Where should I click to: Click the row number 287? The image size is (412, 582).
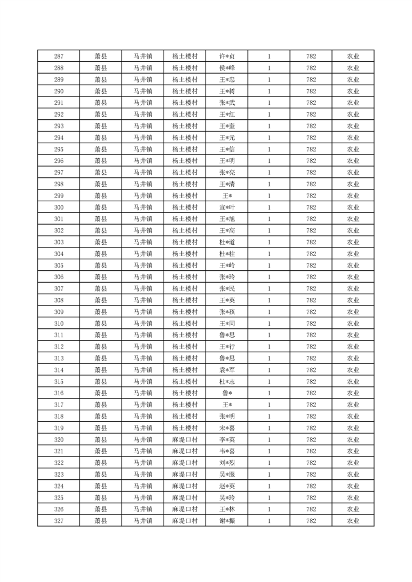59,57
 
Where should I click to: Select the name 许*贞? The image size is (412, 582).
227,57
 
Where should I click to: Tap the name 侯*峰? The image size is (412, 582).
227,68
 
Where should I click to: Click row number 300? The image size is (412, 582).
59,207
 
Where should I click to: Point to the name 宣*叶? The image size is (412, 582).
227,207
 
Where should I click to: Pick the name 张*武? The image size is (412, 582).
227,103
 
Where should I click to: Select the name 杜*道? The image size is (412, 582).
227,242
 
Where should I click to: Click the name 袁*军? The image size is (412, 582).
227,370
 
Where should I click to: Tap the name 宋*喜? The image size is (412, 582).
227,428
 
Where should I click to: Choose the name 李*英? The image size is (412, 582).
227,440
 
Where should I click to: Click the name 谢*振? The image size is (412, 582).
227,521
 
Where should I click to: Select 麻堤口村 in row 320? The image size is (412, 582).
185,440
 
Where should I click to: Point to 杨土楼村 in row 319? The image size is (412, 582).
185,428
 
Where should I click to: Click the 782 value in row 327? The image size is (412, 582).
311,521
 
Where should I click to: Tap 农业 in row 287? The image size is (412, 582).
353,57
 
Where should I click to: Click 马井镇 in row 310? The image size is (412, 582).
143,324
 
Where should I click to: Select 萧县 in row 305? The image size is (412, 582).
101,266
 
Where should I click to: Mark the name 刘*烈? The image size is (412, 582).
227,463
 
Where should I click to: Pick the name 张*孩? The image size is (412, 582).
227,312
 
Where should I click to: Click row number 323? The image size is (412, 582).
59,475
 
